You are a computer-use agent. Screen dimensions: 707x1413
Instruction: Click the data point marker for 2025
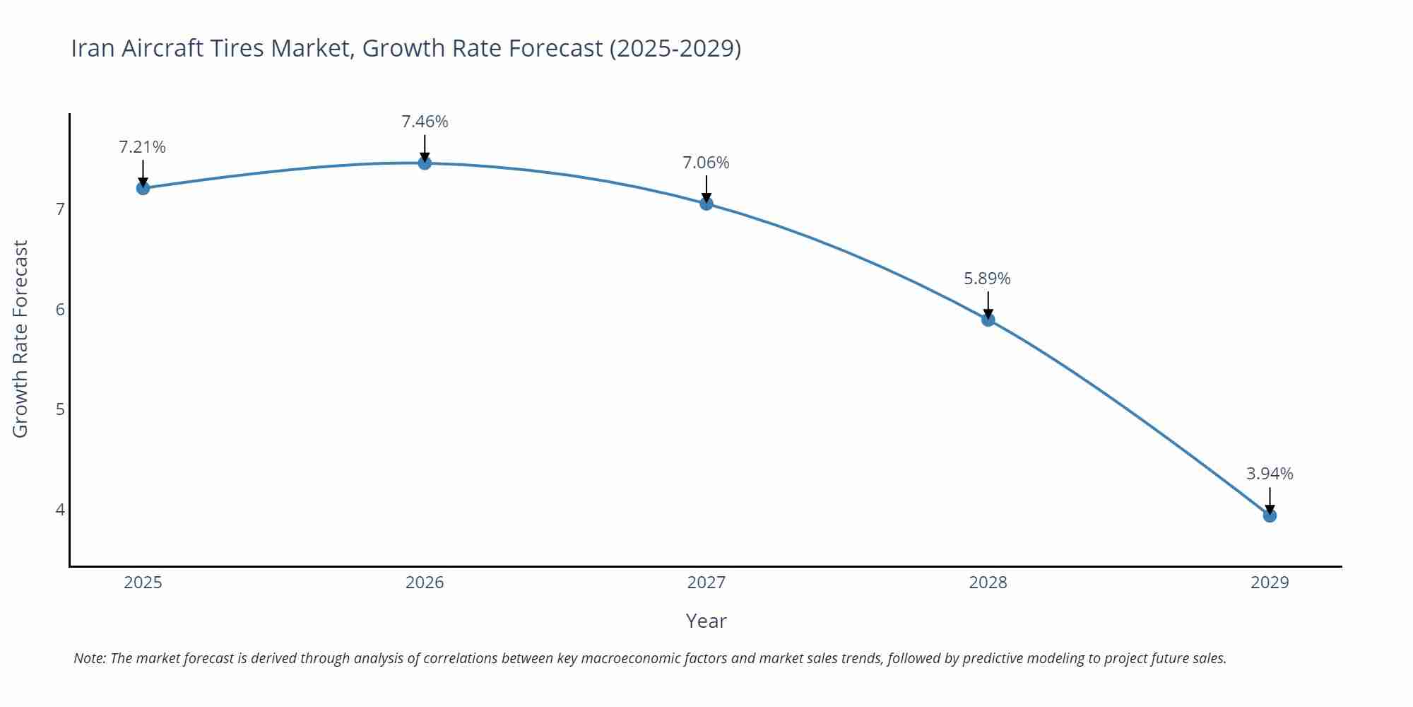[143, 188]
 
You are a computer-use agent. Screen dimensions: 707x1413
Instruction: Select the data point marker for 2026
[425, 163]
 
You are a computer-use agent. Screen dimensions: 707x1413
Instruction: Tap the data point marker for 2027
[706, 204]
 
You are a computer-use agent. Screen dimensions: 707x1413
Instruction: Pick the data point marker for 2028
[988, 320]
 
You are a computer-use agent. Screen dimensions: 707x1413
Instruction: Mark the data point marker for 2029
[1270, 516]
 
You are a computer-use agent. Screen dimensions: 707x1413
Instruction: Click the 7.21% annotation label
[142, 147]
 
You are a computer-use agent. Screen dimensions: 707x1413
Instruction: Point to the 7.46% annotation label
[425, 122]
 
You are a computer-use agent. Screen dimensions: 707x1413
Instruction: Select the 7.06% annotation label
[706, 163]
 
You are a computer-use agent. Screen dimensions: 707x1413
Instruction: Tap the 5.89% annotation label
[987, 279]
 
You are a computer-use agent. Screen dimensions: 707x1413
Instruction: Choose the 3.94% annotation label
[1270, 474]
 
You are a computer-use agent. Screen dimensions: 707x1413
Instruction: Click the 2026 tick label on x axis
[425, 583]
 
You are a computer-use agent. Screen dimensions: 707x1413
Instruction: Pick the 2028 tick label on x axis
[988, 583]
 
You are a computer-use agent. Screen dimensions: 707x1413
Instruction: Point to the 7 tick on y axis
[61, 209]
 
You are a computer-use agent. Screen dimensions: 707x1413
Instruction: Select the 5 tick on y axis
[61, 409]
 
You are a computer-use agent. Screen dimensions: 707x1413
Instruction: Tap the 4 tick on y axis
[61, 510]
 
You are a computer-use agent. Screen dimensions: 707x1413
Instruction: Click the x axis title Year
[706, 621]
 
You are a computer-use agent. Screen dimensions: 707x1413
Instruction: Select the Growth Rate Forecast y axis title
[20, 339]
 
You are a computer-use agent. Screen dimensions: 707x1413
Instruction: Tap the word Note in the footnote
[89, 658]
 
